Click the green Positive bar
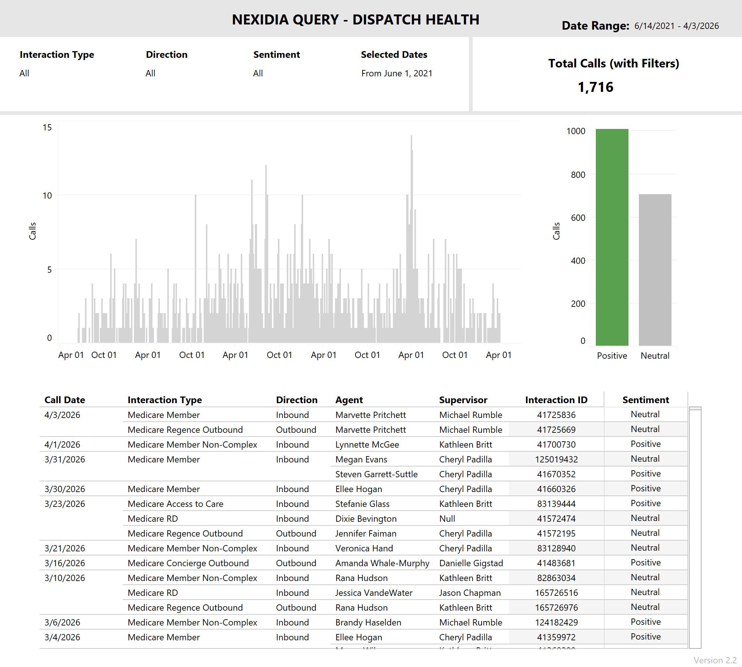coord(612,237)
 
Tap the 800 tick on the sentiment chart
coord(578,175)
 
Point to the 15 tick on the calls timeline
coord(47,127)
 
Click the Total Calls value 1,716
coord(595,87)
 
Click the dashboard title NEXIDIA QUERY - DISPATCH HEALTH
coord(355,20)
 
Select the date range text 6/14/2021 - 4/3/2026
coord(676,26)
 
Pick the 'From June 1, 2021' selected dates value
coord(397,73)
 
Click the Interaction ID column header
coord(556,400)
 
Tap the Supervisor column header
coord(463,400)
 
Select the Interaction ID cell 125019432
coord(556,459)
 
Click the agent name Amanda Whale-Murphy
coord(382,563)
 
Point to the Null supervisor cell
coord(447,519)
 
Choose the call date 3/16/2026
coord(65,563)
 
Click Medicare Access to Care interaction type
coord(175,504)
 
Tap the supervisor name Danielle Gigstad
coord(471,563)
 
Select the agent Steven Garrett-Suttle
coord(376,474)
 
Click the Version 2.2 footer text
coord(715,660)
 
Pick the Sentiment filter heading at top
coord(276,54)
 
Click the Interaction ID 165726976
coord(556,608)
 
